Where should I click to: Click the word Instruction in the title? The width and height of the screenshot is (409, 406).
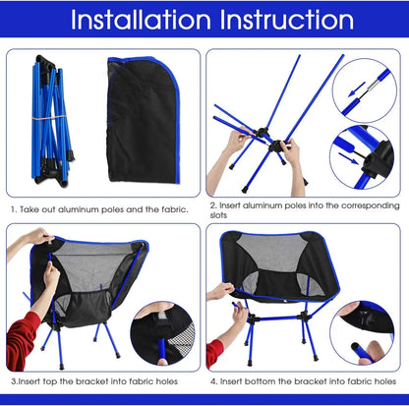[x=290, y=20]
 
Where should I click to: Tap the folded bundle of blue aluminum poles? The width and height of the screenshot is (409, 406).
[x=45, y=120]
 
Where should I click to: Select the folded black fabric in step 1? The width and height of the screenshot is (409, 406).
[x=144, y=118]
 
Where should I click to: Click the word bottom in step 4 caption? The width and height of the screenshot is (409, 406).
[x=272, y=379]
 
